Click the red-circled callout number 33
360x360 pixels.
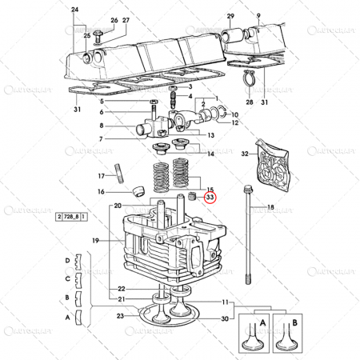click(x=210, y=197)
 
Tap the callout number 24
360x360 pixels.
click(x=75, y=9)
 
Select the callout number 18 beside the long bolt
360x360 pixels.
click(x=270, y=208)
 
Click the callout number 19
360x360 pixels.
click(x=96, y=240)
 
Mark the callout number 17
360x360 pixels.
click(x=102, y=176)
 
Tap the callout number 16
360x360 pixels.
click(x=102, y=191)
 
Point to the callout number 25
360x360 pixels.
click(x=78, y=37)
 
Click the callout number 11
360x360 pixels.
click(x=226, y=302)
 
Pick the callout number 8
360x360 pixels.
click(x=102, y=126)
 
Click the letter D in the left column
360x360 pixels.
click(x=67, y=261)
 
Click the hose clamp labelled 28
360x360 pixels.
click(x=249, y=78)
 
